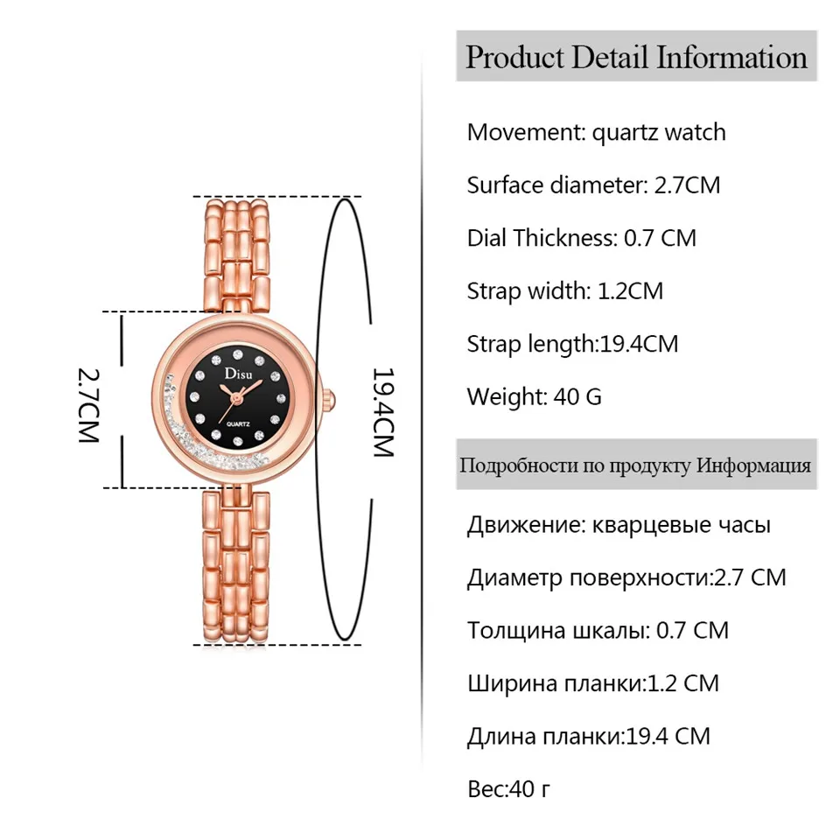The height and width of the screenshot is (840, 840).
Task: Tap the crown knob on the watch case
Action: coord(331,399)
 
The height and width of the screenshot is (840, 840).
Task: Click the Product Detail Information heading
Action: coord(636,58)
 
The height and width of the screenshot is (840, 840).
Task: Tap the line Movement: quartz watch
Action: coord(596,132)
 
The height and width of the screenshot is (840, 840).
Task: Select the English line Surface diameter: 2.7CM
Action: coord(593,185)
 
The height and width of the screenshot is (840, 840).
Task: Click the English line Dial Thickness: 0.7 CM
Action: coord(581,237)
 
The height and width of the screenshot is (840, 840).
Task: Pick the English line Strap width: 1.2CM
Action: coord(564,290)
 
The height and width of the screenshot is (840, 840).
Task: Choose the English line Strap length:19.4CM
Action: coord(572,343)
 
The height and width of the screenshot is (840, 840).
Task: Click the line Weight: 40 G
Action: coord(534,395)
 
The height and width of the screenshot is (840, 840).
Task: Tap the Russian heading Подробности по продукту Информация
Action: coord(635,465)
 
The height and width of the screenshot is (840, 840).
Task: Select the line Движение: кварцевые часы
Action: coord(619,525)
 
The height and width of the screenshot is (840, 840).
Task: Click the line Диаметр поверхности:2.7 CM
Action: coord(626,577)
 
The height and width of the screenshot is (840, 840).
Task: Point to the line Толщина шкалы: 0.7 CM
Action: coord(597,630)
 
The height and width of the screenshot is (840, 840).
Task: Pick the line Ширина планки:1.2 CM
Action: coord(592,682)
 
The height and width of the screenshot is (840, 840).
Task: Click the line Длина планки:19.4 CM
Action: coord(588,736)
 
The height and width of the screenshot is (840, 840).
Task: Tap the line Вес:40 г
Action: coord(508,789)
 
